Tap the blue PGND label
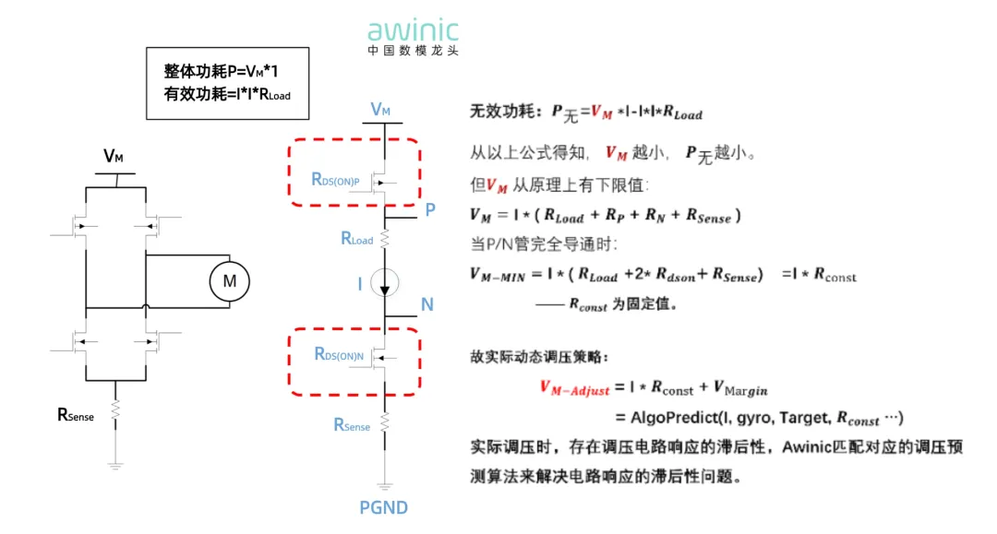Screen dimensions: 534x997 click(383, 507)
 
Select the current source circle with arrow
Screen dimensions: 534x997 click(385, 283)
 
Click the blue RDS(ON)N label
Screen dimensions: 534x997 click(339, 354)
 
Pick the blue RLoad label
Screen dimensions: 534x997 click(356, 239)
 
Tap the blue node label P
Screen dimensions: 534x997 click(430, 210)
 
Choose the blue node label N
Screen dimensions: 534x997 click(426, 305)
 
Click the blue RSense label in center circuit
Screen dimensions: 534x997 click(352, 425)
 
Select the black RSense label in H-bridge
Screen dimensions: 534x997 click(76, 416)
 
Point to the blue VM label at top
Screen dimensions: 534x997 click(380, 110)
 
